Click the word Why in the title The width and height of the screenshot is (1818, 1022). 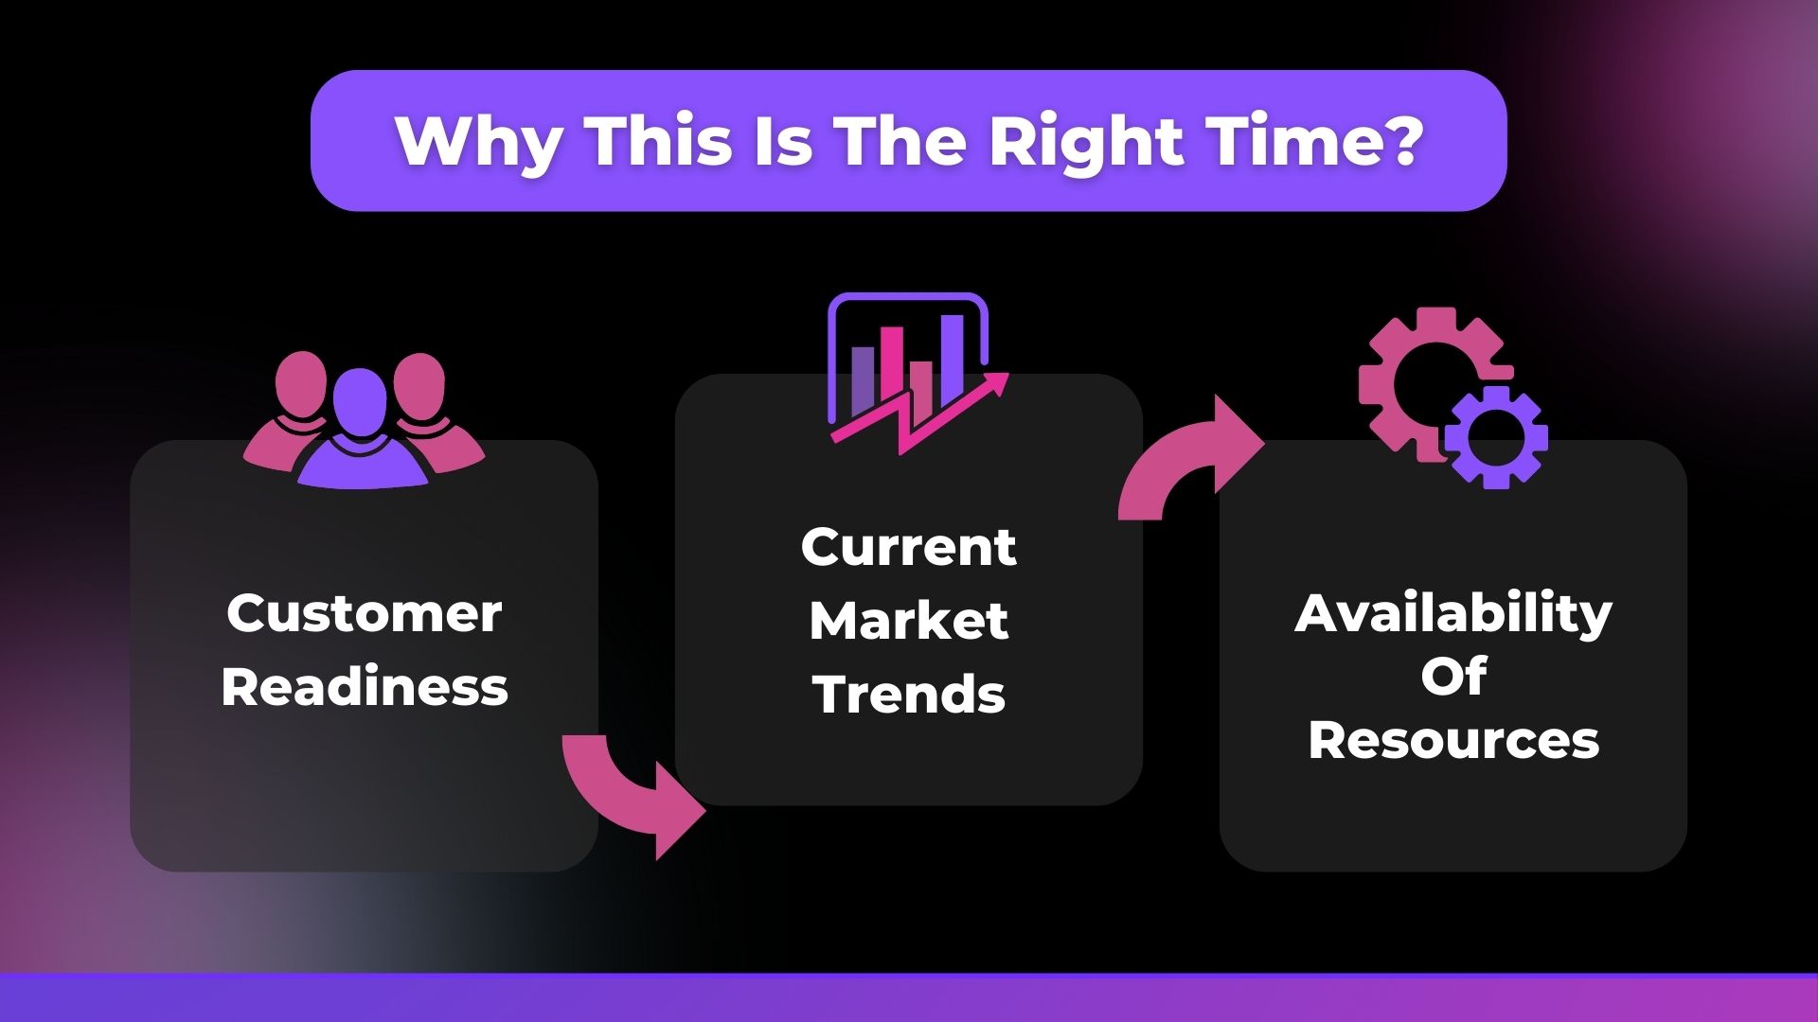477,143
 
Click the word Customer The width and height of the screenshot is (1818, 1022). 365,613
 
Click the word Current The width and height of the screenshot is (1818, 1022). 909,547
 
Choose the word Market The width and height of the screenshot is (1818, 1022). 909,621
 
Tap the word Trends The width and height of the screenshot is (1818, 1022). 909,694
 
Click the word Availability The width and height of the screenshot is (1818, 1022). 1453,615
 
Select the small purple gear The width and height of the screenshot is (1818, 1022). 1495,437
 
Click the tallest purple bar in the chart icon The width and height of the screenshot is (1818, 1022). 952,361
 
